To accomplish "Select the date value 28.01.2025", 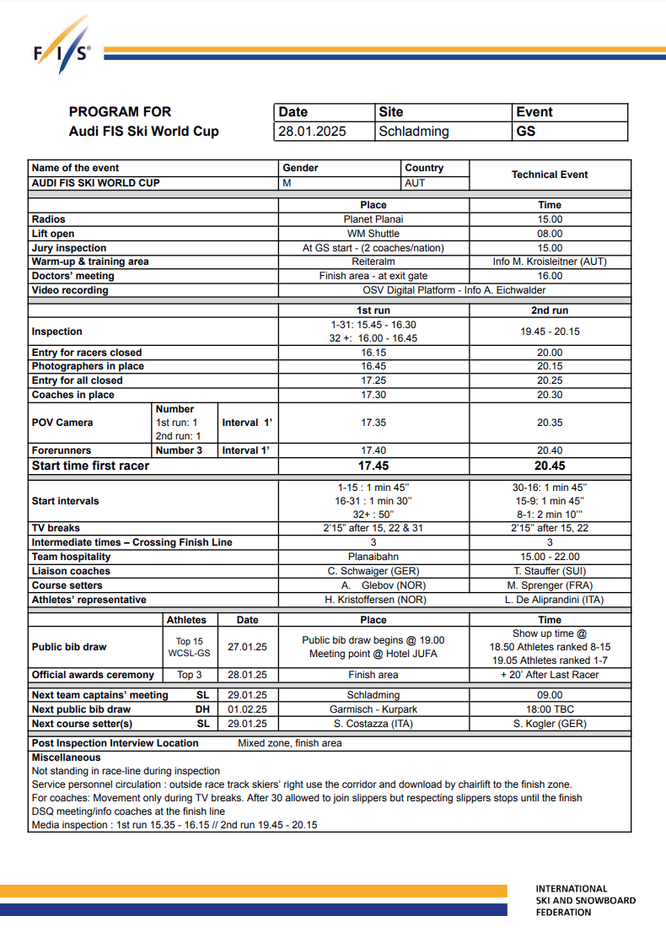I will click(312, 132).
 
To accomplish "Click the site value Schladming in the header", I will click(414, 132).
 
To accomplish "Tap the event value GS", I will click(526, 132).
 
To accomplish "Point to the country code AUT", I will click(416, 183).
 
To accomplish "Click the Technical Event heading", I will click(550, 175).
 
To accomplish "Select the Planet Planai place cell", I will click(373, 219).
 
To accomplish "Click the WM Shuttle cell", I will click(373, 234).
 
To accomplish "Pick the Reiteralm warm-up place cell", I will click(373, 261).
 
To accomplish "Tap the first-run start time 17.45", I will click(373, 466).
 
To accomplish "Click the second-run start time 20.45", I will click(550, 466).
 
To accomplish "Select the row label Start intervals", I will click(65, 501).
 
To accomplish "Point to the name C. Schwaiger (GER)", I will click(373, 571).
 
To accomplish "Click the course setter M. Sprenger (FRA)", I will click(550, 585).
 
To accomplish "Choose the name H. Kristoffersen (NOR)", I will click(373, 600).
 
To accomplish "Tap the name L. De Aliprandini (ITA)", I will click(550, 600).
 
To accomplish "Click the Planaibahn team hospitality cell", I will click(373, 557).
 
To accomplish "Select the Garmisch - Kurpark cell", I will click(373, 709).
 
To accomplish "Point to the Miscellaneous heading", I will click(66, 757).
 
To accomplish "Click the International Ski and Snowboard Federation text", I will click(585, 900).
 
